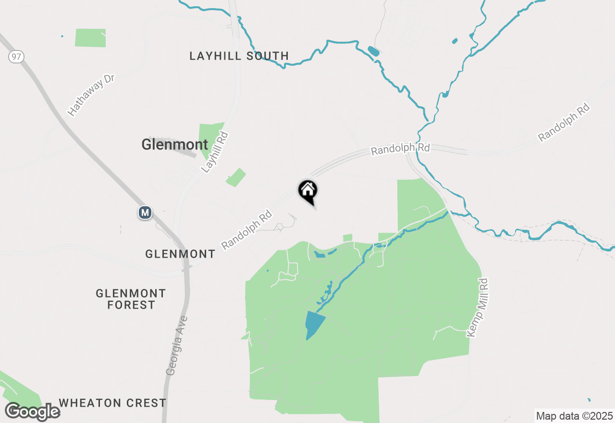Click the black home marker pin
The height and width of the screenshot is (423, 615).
(x=307, y=191)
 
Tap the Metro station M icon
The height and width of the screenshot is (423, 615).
(x=145, y=212)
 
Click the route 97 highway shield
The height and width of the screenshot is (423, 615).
(x=16, y=57)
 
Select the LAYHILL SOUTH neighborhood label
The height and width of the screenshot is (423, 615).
(x=239, y=56)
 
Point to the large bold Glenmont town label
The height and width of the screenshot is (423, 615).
(x=175, y=144)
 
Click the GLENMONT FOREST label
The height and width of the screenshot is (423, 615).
(x=131, y=299)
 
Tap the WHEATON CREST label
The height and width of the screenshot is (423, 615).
(x=112, y=403)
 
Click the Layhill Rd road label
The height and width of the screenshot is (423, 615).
(x=214, y=152)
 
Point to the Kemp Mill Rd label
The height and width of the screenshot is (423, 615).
(x=478, y=308)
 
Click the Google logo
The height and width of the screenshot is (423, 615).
(x=33, y=412)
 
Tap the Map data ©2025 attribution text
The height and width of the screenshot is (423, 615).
(x=575, y=416)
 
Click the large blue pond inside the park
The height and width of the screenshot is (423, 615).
(x=314, y=324)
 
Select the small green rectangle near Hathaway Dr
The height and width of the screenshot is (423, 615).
(x=90, y=38)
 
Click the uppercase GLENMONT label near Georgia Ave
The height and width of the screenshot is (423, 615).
(x=180, y=254)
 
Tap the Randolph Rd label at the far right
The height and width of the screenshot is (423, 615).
(x=564, y=122)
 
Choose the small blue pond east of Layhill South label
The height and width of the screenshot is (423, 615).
(x=373, y=51)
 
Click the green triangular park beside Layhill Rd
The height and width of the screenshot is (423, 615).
(x=210, y=137)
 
